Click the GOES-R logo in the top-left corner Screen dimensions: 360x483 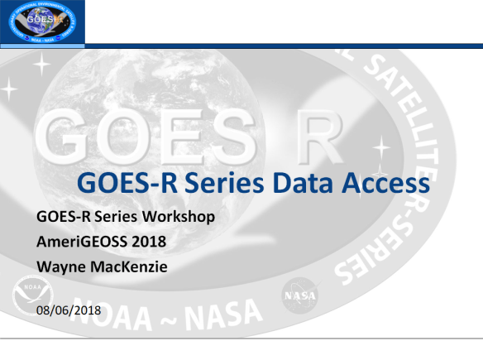click(41, 22)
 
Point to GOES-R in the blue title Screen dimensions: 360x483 click(122, 182)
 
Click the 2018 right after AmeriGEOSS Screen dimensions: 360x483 click(135, 242)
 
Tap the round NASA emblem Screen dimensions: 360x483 click(298, 295)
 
